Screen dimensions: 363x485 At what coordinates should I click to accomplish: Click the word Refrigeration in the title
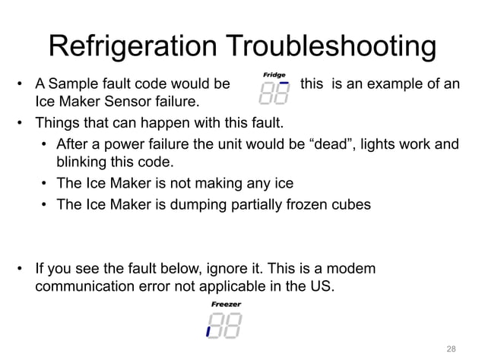(134, 46)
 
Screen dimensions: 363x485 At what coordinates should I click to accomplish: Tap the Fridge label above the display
(274, 74)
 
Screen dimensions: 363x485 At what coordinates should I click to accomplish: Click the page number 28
(451, 349)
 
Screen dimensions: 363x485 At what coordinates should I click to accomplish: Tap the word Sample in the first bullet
(71, 83)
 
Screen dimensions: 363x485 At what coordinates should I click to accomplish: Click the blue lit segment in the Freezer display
(208, 332)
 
